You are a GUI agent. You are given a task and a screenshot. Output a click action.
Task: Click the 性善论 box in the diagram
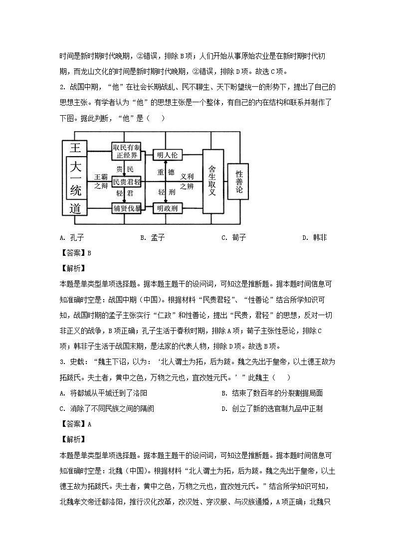[239, 182]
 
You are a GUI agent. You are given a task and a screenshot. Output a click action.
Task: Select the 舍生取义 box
[212, 181]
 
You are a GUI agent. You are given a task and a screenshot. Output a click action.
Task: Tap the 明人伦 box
[167, 155]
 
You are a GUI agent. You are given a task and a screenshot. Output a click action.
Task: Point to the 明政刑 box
[167, 208]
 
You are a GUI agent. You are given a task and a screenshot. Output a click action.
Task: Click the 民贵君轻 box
[127, 182]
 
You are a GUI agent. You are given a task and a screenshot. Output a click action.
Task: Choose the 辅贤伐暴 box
[127, 208]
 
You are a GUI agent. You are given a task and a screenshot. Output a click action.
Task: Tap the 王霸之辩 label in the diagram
[101, 181]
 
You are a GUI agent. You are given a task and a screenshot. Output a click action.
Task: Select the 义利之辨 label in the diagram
[187, 181]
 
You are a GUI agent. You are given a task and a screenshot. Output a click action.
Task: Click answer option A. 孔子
[69, 238]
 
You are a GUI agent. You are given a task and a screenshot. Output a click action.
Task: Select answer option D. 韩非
[314, 238]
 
